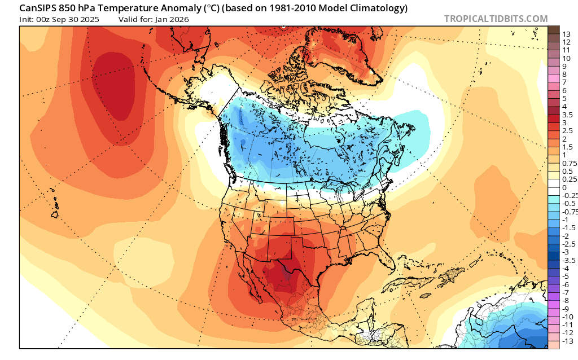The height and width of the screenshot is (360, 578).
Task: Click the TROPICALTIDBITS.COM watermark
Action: point(496,19)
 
